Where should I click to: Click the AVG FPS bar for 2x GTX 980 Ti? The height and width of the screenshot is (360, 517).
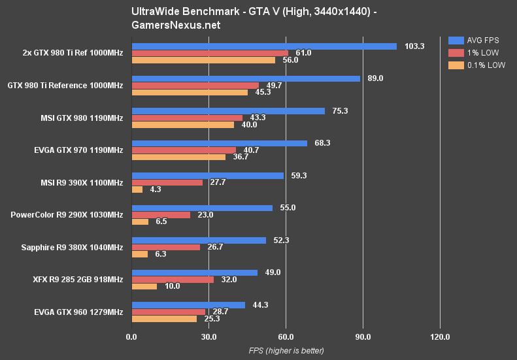[264, 46]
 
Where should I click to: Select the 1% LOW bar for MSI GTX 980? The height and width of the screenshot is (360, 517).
[187, 118]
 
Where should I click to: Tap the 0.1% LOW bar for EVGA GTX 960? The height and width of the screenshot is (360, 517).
[164, 319]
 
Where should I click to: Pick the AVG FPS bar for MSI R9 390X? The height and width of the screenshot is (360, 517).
[208, 176]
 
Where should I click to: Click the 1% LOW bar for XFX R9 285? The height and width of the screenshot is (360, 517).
[173, 280]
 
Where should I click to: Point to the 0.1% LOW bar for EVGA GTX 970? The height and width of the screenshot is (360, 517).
[178, 157]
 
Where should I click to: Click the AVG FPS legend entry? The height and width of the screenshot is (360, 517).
[476, 39]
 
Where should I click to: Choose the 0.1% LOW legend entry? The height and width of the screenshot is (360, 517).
[476, 65]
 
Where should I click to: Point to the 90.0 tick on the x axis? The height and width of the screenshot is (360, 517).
[363, 337]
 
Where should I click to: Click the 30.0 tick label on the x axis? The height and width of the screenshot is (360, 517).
[208, 337]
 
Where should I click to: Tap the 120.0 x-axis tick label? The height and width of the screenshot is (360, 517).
[441, 337]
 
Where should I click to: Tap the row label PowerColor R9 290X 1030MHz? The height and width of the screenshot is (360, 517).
[67, 214]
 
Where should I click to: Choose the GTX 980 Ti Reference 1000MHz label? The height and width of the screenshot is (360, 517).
[65, 85]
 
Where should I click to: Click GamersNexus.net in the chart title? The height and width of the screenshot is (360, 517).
[176, 25]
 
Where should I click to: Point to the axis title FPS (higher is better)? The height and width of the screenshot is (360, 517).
[286, 351]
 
